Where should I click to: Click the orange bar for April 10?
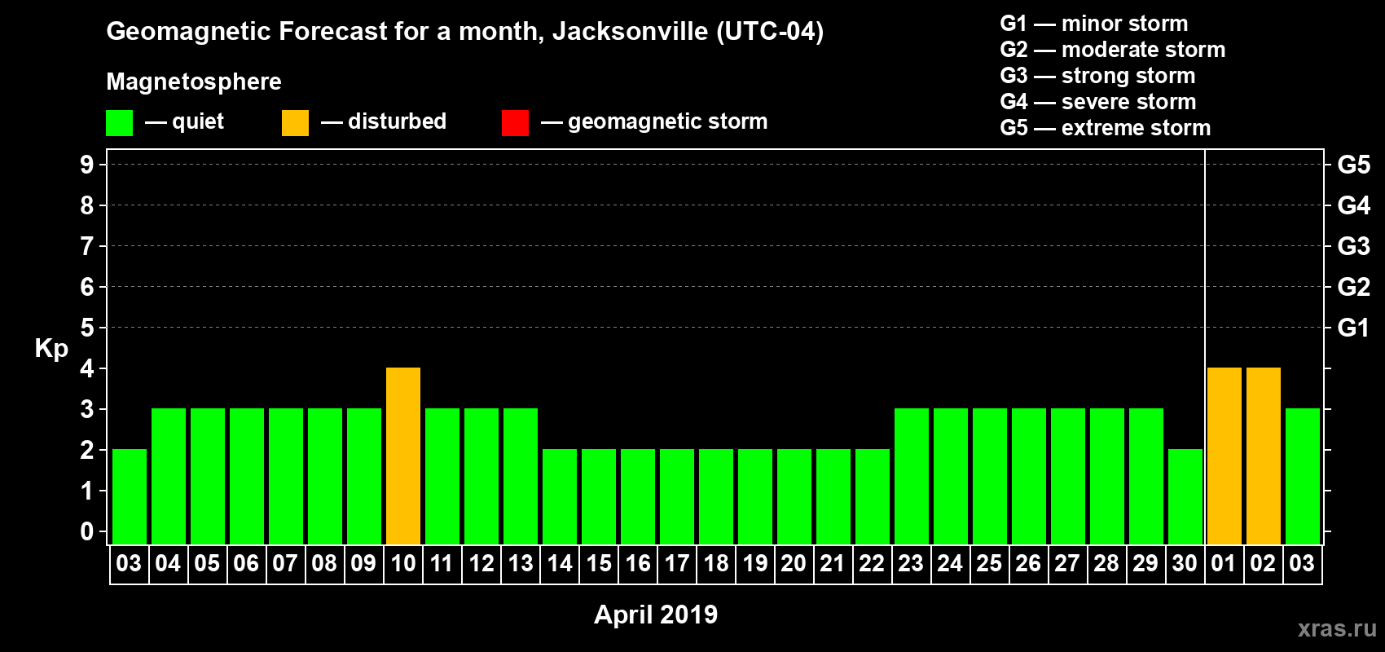(x=403, y=456)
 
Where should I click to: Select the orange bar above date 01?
(x=1224, y=456)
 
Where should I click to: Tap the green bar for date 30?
(x=1185, y=496)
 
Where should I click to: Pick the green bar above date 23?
(x=911, y=476)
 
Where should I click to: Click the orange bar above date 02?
(x=1263, y=456)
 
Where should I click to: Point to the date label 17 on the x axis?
(x=677, y=563)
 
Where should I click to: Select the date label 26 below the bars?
(x=1028, y=563)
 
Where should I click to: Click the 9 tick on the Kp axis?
(x=87, y=165)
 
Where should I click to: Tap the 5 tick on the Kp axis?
(x=87, y=328)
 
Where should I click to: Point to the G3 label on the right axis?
(x=1353, y=246)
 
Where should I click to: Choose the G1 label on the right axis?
(x=1353, y=328)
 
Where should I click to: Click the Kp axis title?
(x=51, y=348)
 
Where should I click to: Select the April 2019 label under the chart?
(x=656, y=614)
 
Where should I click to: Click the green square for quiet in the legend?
(x=119, y=123)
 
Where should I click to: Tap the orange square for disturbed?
(x=295, y=123)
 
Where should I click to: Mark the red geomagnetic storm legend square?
(x=515, y=123)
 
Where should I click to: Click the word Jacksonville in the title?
(x=630, y=31)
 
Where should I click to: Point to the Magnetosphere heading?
(x=194, y=81)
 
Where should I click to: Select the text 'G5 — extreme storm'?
(x=1105, y=128)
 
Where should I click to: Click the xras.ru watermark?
(x=1336, y=628)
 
